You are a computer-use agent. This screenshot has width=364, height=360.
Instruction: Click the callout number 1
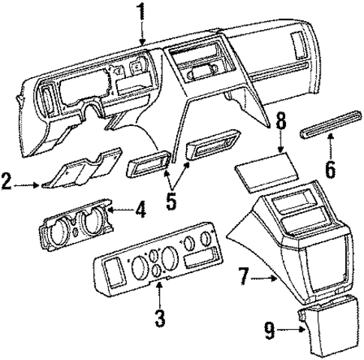click(140, 12)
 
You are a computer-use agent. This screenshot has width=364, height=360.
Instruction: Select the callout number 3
click(159, 316)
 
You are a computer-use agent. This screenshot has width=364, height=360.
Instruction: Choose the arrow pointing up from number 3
click(159, 294)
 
